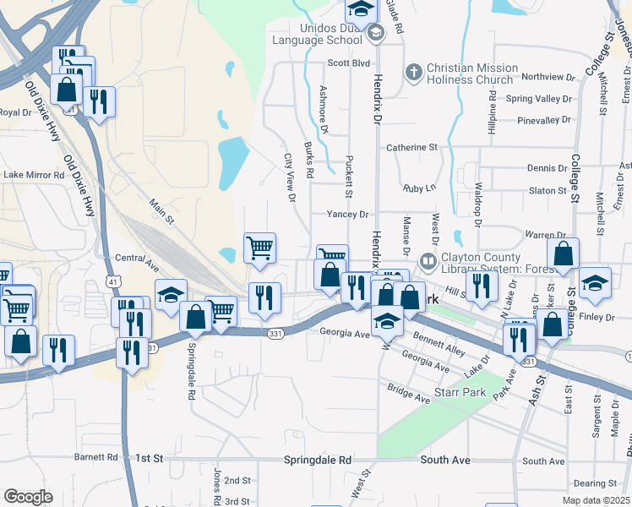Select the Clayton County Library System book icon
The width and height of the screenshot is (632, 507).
[428, 263]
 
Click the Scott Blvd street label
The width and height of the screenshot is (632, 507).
[349, 63]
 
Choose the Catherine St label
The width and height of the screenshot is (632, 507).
[412, 147]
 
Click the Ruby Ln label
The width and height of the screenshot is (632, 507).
[419, 188]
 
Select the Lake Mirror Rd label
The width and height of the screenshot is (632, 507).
[34, 175]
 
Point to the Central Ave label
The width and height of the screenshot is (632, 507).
[137, 258]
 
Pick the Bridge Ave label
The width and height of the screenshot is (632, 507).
[410, 392]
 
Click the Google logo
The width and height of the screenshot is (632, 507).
[28, 497]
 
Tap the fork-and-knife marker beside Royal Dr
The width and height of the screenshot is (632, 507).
[100, 102]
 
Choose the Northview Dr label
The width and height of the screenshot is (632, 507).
[548, 77]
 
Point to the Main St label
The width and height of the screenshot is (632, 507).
[161, 210]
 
